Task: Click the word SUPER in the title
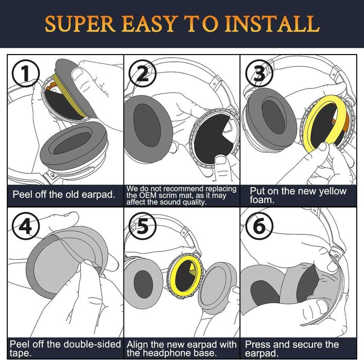click(x=80, y=24)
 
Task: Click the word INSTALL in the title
click(x=272, y=24)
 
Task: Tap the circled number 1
click(x=26, y=74)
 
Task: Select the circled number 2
click(x=143, y=74)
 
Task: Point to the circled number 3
click(x=259, y=74)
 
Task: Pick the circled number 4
click(x=26, y=226)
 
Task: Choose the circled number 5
click(x=143, y=226)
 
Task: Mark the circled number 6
click(x=259, y=226)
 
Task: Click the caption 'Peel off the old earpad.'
click(x=64, y=194)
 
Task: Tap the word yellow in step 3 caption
click(x=333, y=192)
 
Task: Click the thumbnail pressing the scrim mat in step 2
click(x=220, y=160)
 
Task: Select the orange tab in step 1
click(x=52, y=86)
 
